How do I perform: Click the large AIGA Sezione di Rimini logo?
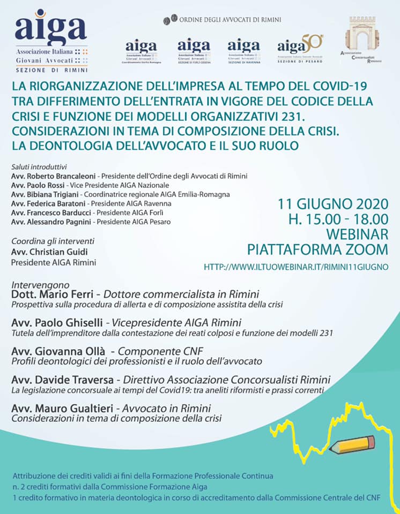[51, 40]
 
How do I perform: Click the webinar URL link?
[296, 266]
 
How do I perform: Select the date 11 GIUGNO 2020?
[332, 205]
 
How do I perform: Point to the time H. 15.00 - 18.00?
[338, 219]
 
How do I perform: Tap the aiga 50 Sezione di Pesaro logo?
[300, 49]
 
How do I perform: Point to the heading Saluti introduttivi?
[37, 167]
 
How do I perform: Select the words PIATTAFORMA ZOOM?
[317, 249]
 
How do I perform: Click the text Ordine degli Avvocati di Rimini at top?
[229, 20]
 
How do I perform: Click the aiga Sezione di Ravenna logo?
[243, 51]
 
